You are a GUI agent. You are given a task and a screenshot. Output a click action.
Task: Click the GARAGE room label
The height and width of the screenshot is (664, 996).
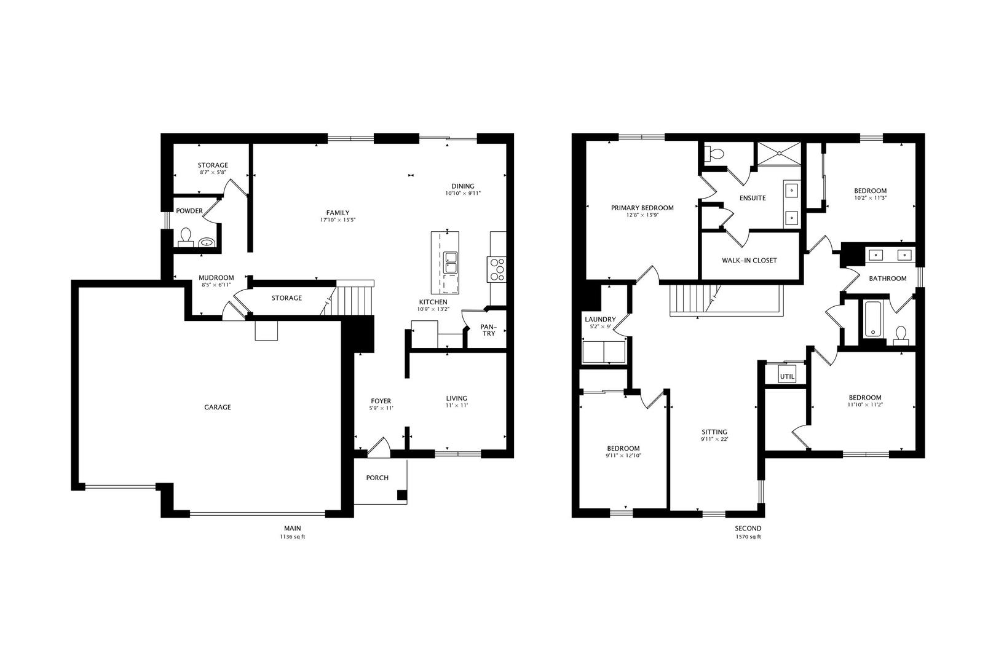(x=218, y=407)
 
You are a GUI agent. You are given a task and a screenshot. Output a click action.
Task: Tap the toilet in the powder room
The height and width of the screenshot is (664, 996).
(x=186, y=237)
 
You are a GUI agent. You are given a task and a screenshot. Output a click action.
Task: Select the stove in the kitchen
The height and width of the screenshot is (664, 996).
(x=497, y=269)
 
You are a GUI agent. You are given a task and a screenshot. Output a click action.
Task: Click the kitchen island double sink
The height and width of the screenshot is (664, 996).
(x=450, y=263)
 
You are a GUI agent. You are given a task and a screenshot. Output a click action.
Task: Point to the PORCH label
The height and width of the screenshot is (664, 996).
(x=377, y=478)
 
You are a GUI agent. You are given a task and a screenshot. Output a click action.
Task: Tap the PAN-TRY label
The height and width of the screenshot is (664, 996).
(x=488, y=330)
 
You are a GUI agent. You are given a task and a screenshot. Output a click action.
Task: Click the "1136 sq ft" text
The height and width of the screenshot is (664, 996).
(x=292, y=537)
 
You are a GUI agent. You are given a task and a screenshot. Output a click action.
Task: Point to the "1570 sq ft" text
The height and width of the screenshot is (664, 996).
(x=748, y=537)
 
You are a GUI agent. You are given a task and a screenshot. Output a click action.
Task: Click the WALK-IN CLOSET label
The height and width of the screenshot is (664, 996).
(x=749, y=260)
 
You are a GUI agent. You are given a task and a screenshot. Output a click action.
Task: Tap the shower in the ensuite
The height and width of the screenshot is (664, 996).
(x=780, y=154)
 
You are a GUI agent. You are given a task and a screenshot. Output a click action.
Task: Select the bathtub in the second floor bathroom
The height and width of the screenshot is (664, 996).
(x=873, y=318)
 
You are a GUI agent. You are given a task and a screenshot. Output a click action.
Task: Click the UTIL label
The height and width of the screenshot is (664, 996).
(x=787, y=376)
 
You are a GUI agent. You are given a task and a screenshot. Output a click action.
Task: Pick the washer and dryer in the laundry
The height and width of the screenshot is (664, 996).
(x=603, y=353)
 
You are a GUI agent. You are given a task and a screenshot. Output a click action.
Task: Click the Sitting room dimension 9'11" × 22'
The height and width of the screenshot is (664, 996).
(x=714, y=440)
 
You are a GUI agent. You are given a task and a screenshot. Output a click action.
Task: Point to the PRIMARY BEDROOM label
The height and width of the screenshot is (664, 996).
(x=642, y=208)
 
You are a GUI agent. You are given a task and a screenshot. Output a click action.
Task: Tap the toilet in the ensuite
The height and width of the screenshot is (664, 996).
(x=714, y=153)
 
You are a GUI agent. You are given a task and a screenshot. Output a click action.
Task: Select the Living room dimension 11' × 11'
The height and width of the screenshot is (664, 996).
(x=456, y=406)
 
